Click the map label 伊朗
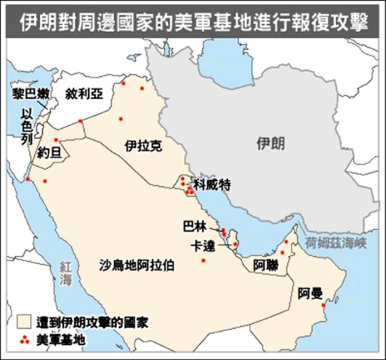271,143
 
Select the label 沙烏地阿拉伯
137,265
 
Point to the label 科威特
212,184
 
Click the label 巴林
195,225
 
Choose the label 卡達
202,245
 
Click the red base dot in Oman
324,305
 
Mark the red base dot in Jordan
56,140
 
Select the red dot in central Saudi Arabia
203,261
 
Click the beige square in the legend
24,321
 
